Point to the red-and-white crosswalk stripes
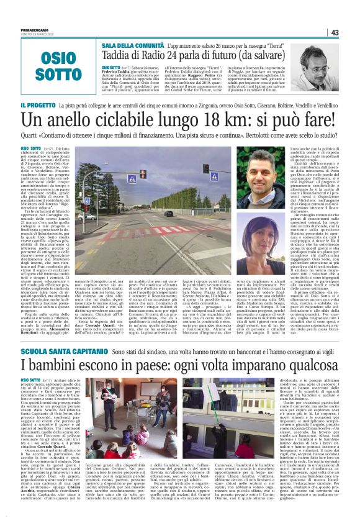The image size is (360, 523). click(x=168, y=229)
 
